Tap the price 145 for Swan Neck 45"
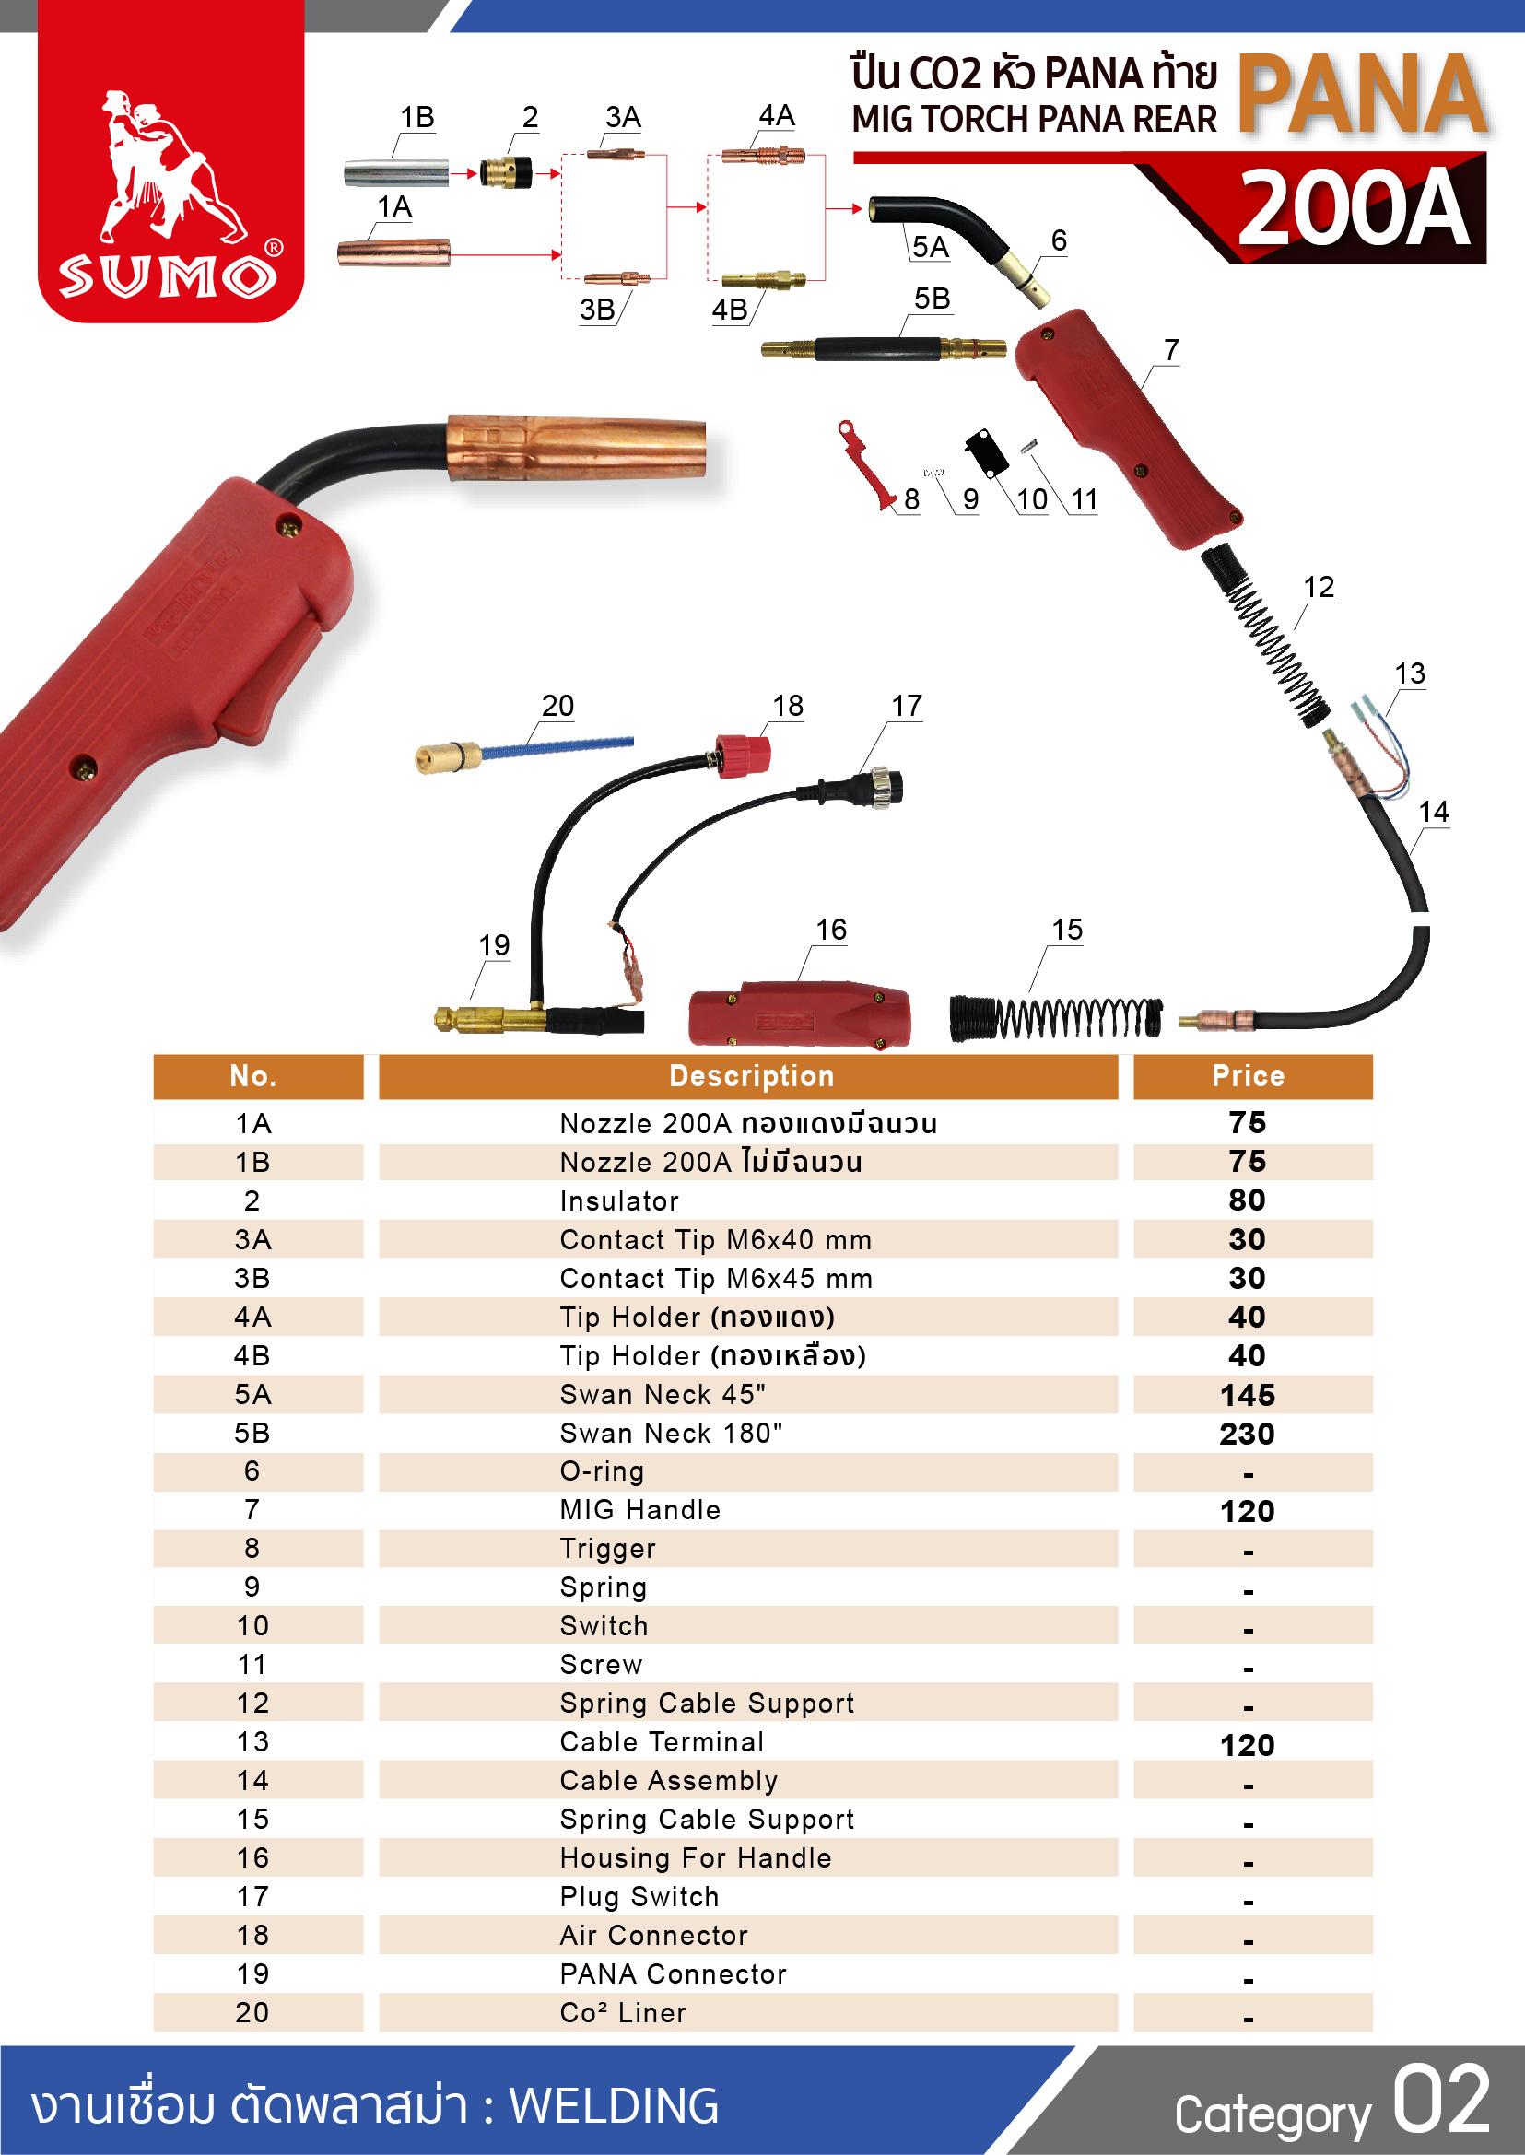[x=1247, y=1395]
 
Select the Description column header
[x=751, y=1076]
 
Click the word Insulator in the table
[x=619, y=1201]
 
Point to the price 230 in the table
[x=1247, y=1434]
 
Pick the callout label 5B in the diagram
[x=932, y=299]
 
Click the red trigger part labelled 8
[x=865, y=463]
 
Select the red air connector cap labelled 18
[x=744, y=756]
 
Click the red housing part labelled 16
[x=799, y=1015]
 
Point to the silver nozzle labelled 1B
[x=395, y=174]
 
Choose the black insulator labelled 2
[x=505, y=173]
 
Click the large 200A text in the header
[x=1354, y=208]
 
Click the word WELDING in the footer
[x=614, y=2105]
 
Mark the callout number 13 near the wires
[x=1410, y=673]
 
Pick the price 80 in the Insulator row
[x=1247, y=1200]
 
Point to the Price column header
[x=1248, y=1076]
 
